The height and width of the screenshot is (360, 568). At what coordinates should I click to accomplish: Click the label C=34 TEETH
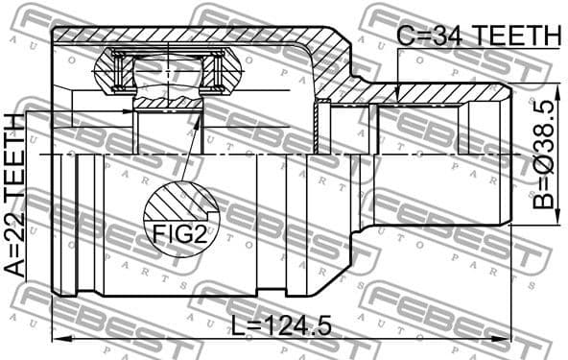click(478, 36)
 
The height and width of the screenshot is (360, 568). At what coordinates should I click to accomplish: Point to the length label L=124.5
click(281, 326)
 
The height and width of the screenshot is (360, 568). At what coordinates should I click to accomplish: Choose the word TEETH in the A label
click(14, 163)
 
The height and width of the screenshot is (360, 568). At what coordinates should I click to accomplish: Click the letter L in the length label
click(238, 326)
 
